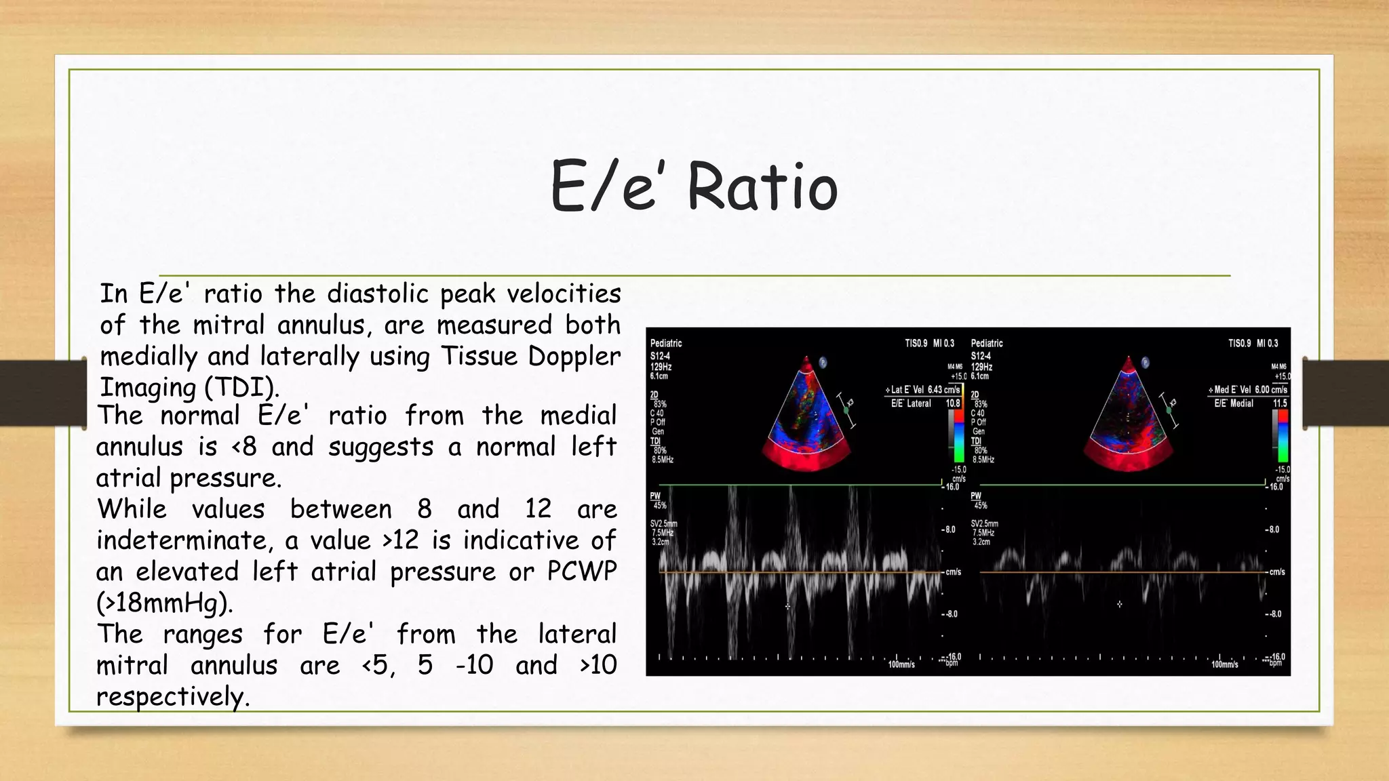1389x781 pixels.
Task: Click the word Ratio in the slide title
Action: [762, 187]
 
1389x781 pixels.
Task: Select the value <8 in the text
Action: [244, 447]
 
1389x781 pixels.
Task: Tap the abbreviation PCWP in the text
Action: [581, 572]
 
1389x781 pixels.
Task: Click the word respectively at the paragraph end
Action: [173, 697]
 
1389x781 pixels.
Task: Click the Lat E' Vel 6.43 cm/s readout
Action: [924, 390]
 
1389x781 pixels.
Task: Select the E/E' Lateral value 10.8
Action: [952, 403]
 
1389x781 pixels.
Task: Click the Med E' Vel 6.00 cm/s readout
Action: [1248, 390]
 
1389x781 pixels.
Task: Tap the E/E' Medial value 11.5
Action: [1279, 403]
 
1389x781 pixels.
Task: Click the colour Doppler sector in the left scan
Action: [806, 420]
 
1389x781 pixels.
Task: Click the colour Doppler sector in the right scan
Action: [1129, 420]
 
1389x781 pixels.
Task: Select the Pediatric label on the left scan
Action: [665, 344]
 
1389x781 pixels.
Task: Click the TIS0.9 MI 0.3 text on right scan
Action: [1253, 344]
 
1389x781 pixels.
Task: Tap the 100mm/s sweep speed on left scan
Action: [901, 664]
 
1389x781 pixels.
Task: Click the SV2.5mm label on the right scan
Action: [984, 524]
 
